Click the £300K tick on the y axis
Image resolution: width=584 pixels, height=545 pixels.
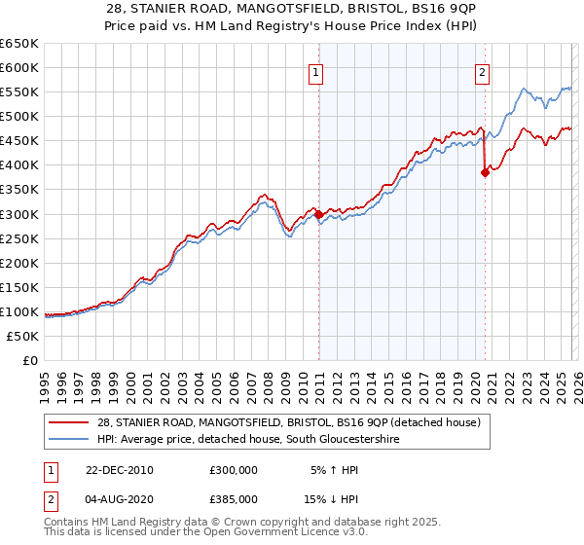pyautogui.click(x=18, y=214)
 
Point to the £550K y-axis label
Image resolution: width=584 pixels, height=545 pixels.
pyautogui.click(x=18, y=91)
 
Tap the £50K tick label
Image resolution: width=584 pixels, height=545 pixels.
pyautogui.click(x=22, y=336)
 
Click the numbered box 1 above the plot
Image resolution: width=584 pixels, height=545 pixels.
pyautogui.click(x=316, y=71)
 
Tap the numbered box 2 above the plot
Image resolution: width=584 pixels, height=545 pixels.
pyautogui.click(x=482, y=71)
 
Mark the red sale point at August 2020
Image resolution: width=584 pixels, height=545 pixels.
pyautogui.click(x=485, y=173)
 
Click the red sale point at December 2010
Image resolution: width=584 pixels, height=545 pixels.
pyautogui.click(x=319, y=214)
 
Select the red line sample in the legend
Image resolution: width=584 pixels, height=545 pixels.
pyautogui.click(x=70, y=422)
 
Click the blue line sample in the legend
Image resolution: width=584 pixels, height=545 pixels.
pyautogui.click(x=70, y=440)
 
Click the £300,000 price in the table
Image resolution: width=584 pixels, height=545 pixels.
pyautogui.click(x=234, y=469)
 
